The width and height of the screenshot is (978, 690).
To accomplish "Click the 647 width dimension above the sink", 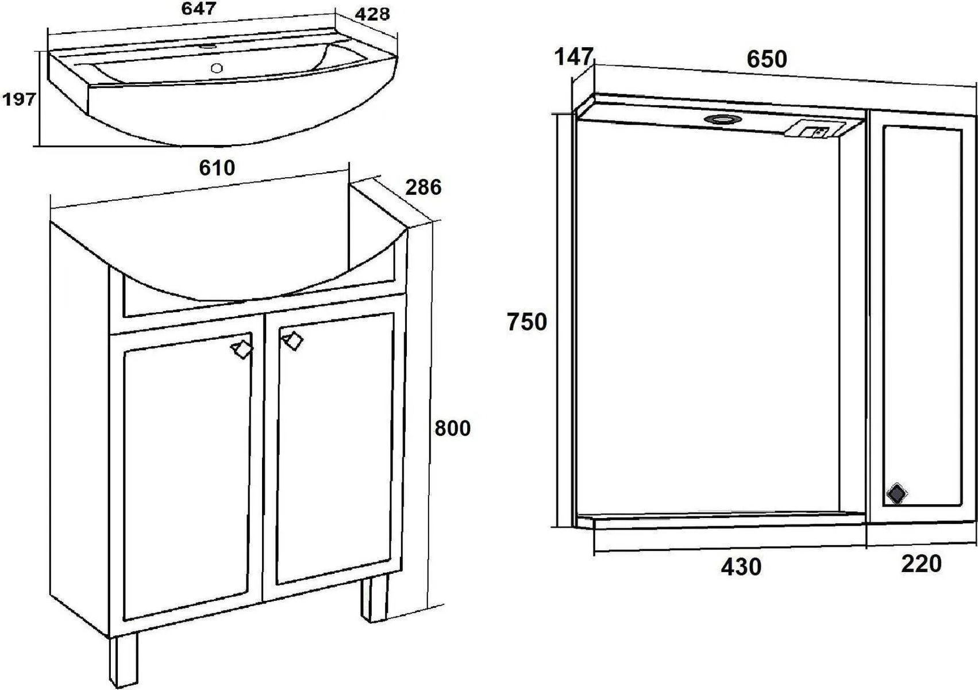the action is [199, 8].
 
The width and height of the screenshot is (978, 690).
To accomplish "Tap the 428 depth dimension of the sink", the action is [372, 14].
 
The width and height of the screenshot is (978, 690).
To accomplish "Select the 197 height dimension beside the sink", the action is [19, 99].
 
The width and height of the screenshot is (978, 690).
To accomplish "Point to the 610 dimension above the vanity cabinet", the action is [217, 168].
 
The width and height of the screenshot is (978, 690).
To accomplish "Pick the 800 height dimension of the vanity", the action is [453, 428].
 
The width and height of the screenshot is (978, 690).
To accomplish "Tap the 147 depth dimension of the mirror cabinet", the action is [573, 57].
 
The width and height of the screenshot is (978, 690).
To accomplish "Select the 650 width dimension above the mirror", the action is [767, 59].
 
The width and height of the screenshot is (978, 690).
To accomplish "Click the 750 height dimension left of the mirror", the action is [526, 322].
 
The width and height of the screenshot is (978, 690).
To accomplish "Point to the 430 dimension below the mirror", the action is [741, 567].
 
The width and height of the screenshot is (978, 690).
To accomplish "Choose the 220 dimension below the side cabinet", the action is [921, 564].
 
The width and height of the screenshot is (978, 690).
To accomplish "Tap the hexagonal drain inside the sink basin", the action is [217, 68].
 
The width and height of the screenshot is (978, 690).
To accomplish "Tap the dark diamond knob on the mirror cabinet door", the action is [897, 494].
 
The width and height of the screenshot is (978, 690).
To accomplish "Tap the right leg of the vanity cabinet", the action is [374, 597].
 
